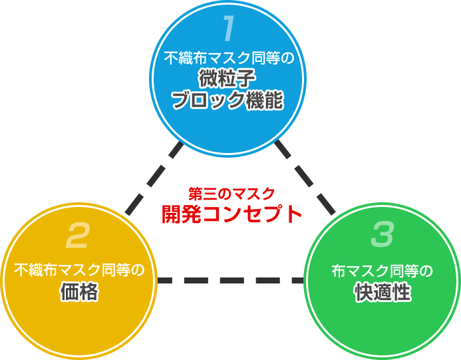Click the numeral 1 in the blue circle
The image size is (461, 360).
[228, 29]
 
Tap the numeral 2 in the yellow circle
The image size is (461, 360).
[78, 235]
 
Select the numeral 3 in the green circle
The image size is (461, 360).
[382, 235]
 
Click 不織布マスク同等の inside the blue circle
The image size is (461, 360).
[229, 58]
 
